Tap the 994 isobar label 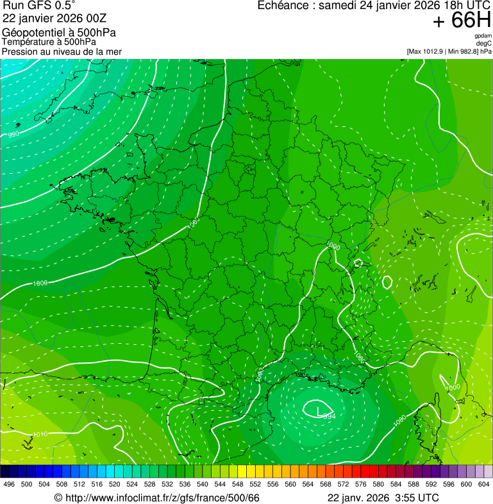pyautogui.click(x=329, y=416)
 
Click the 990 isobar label pyautogui.click(x=13, y=135)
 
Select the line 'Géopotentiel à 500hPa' pyautogui.click(x=59, y=33)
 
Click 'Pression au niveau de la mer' pyautogui.click(x=62, y=51)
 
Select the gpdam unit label pyautogui.click(x=483, y=36)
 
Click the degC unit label pyautogui.click(x=484, y=43)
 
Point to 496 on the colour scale pyautogui.click(x=9, y=484)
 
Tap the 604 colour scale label pyautogui.click(x=484, y=484)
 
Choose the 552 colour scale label pyautogui.click(x=255, y=484)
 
